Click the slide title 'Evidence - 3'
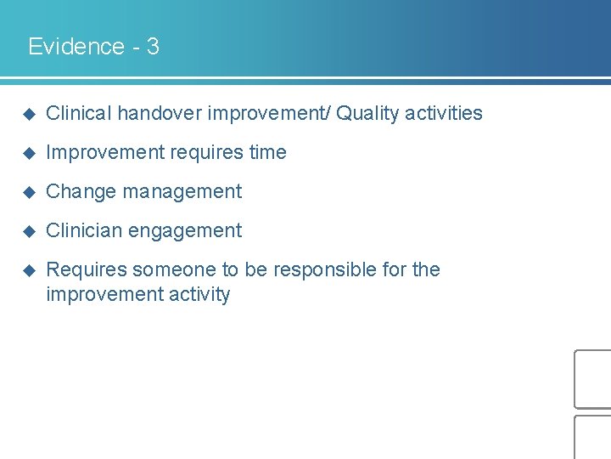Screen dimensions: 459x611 pos(93,46)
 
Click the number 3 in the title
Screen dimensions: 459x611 pos(153,46)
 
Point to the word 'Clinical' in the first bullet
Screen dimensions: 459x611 pos(78,113)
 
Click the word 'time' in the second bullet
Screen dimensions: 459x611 pos(267,152)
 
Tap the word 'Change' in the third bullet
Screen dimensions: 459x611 pos(81,191)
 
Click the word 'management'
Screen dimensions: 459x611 pos(182,191)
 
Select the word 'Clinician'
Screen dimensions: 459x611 pos(83,230)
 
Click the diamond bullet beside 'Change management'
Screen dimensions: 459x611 pos(28,192)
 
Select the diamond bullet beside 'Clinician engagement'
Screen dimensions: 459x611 pos(28,231)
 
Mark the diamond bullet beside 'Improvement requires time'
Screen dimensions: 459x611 pos(28,153)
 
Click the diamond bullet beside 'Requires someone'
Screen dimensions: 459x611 pos(28,270)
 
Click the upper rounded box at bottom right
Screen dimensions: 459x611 pos(593,379)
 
